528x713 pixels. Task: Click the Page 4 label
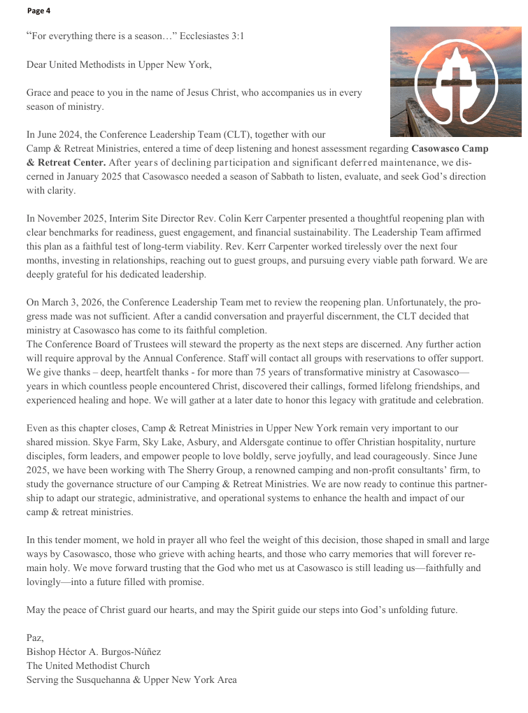pyautogui.click(x=39, y=10)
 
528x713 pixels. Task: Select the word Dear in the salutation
pyautogui.click(x=37, y=65)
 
